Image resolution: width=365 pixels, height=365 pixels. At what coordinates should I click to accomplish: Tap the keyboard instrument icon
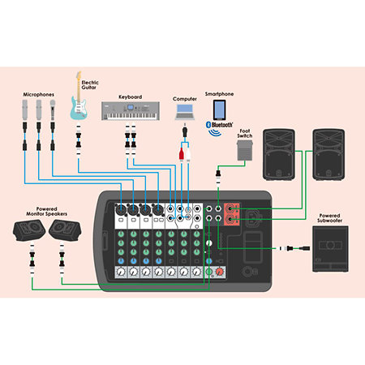click(131, 111)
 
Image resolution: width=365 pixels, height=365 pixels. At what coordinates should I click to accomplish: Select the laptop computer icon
click(185, 112)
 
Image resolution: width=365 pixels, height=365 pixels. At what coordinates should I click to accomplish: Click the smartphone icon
click(219, 110)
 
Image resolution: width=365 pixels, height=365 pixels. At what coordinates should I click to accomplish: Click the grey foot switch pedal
click(245, 150)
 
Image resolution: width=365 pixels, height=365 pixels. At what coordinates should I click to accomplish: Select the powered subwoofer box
click(330, 249)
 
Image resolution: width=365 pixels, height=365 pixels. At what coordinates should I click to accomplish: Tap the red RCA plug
click(182, 153)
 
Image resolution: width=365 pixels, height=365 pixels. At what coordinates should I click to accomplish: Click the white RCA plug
click(188, 153)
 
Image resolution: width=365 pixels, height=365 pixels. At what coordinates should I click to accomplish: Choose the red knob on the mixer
click(220, 272)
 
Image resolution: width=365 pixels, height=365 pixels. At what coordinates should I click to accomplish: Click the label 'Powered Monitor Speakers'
click(46, 212)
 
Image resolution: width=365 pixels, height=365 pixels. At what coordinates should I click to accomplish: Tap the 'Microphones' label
click(38, 94)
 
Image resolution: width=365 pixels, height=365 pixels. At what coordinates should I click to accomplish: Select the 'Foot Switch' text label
click(245, 133)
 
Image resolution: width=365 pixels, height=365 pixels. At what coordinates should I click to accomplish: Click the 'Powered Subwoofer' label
click(330, 218)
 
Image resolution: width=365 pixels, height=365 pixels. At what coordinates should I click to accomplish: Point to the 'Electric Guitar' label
click(90, 85)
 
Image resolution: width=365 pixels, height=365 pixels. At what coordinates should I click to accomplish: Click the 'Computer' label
click(185, 99)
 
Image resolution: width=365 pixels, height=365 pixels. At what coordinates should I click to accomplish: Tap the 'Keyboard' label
click(131, 97)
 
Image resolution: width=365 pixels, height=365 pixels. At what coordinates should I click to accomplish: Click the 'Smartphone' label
click(219, 94)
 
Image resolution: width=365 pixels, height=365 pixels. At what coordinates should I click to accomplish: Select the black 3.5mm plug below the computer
click(185, 131)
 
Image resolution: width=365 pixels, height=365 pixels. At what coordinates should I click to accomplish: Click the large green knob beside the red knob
click(208, 271)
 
